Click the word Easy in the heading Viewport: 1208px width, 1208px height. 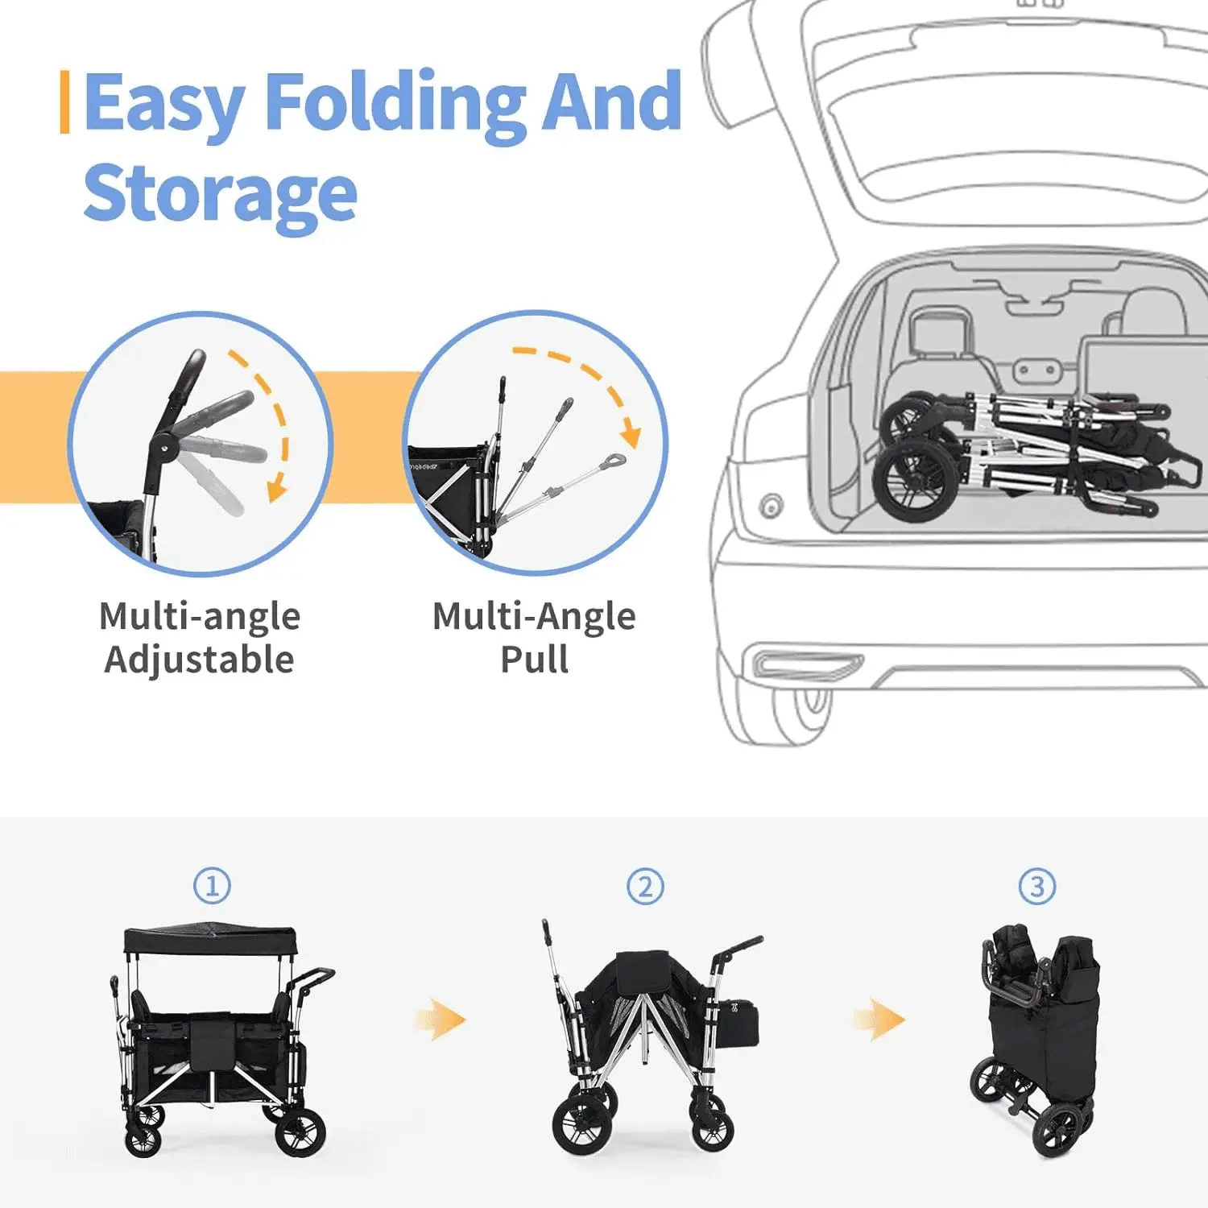click(x=163, y=105)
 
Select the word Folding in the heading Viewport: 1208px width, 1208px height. click(x=395, y=105)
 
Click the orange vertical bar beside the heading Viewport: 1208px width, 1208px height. click(x=64, y=102)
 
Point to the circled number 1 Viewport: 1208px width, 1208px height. click(x=212, y=886)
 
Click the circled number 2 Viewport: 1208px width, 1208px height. click(x=645, y=887)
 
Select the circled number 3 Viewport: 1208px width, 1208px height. click(x=1037, y=887)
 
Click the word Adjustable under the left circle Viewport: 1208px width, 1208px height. click(x=199, y=660)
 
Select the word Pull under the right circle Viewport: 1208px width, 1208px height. click(x=534, y=660)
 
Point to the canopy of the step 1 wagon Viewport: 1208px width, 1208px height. click(x=210, y=938)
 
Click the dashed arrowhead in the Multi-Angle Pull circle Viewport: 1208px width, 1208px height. click(x=632, y=436)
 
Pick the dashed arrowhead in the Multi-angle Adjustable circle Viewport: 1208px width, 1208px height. click(x=278, y=489)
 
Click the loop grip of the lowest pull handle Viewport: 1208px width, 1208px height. click(x=613, y=462)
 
